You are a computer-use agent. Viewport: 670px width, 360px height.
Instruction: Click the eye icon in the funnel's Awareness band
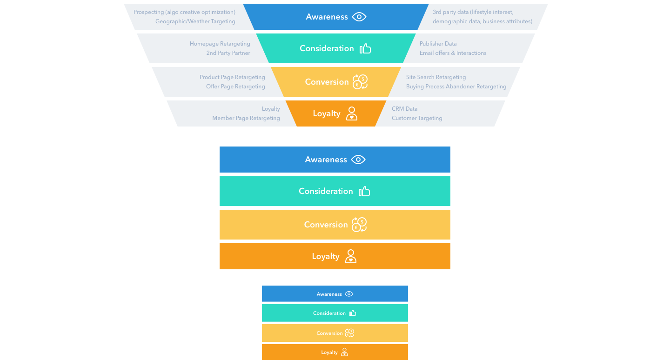click(359, 17)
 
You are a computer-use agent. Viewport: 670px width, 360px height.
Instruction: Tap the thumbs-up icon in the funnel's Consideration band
click(365, 48)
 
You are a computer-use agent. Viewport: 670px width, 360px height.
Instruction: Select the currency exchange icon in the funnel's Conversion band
click(360, 82)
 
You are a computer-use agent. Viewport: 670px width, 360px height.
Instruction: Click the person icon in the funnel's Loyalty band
click(352, 113)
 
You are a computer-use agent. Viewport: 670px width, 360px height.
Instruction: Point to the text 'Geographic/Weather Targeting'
click(195, 21)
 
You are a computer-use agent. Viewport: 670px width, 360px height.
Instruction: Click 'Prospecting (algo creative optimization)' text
click(184, 12)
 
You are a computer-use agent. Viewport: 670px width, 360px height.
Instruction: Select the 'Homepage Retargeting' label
click(220, 44)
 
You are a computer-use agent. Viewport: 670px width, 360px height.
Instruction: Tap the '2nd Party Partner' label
click(228, 53)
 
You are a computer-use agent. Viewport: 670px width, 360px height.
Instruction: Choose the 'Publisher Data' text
click(438, 44)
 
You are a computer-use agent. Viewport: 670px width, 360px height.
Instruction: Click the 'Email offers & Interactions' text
click(453, 53)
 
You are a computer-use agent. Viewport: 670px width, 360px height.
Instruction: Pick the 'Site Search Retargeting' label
click(435, 77)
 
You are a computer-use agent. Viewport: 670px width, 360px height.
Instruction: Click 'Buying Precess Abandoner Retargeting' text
click(456, 87)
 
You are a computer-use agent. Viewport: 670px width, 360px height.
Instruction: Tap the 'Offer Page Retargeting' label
click(235, 87)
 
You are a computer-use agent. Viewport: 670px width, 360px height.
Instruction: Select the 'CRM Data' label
click(404, 109)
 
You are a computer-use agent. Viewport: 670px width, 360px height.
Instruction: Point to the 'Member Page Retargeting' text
click(246, 118)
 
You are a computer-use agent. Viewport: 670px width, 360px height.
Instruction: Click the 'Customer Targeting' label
click(417, 118)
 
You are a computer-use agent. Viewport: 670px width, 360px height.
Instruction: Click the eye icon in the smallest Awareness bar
click(349, 294)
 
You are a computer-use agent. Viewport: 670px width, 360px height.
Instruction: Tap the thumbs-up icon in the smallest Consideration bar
click(353, 313)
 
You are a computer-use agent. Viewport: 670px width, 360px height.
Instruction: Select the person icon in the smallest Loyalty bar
click(344, 352)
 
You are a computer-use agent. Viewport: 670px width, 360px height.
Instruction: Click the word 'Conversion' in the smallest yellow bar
click(329, 333)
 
